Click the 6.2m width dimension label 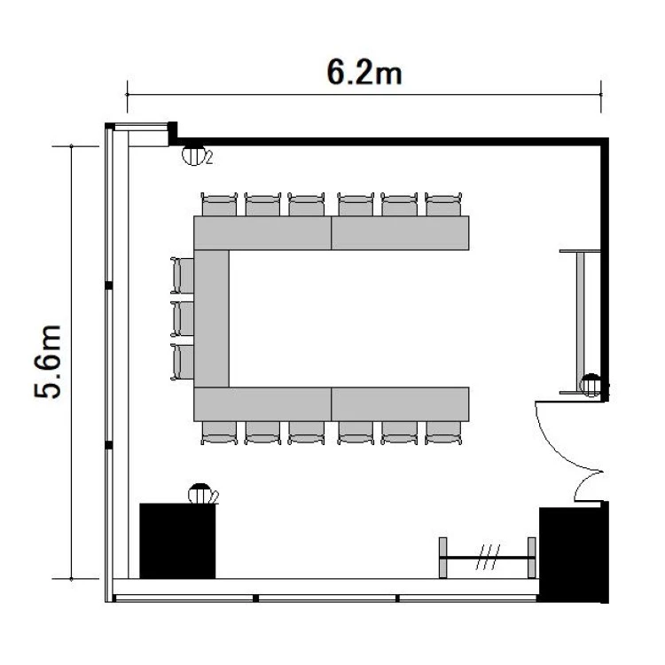tap(364, 72)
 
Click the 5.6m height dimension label tap(48, 362)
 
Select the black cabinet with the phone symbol tap(177, 541)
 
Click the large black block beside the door tap(574, 552)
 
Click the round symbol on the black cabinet tap(201, 493)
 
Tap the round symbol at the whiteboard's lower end tap(591, 385)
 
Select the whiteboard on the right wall tap(580, 323)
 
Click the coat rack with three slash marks tap(487, 558)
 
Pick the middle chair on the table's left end tap(183, 318)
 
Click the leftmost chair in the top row tap(219, 204)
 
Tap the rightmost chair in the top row tap(443, 204)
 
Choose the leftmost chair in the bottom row tap(219, 433)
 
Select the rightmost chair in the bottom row tap(443, 433)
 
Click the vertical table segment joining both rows tap(211, 318)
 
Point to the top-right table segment tap(400, 233)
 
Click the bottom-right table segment tap(400, 404)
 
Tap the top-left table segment tap(262, 233)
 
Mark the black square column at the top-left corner tap(173, 133)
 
